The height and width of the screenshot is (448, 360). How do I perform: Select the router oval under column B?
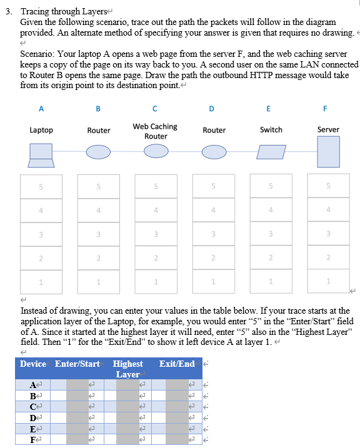coord(98,152)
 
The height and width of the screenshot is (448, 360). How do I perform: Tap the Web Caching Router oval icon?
coord(156,152)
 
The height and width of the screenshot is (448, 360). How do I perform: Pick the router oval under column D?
coord(214,152)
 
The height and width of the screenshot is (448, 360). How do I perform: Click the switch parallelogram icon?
coord(271,152)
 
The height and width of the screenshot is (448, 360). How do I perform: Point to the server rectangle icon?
coord(328,151)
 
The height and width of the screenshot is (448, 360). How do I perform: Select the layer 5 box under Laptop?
coord(41,186)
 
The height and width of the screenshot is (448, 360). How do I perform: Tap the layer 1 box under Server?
coord(328,282)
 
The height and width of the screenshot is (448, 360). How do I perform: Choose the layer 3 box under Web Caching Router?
coord(156,234)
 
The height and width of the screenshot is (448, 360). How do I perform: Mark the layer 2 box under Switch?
coord(271,258)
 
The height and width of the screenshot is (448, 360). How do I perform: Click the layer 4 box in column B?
coord(98,210)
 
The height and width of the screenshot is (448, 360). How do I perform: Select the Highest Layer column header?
coord(127,369)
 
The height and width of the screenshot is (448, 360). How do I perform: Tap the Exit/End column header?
coord(177,364)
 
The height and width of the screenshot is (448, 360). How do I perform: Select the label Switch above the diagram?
coord(271,129)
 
